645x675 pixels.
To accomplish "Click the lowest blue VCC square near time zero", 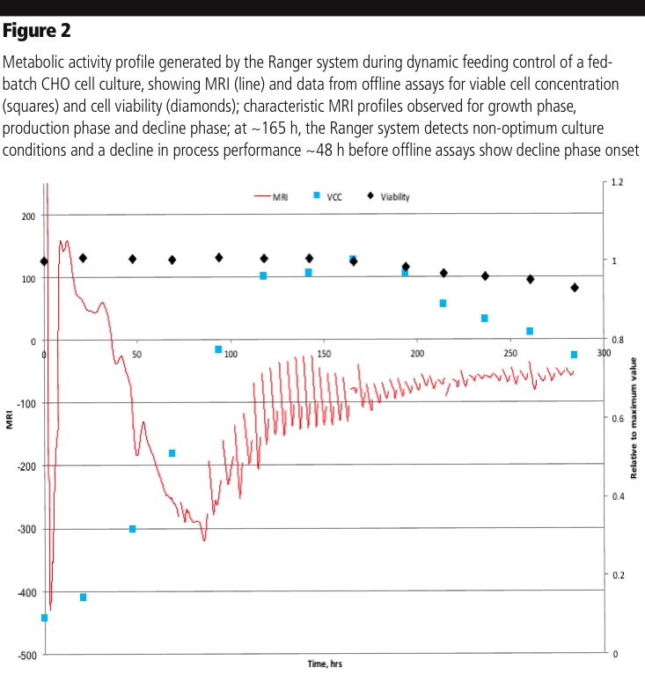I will click(x=44, y=618).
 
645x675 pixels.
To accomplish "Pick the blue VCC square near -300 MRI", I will click(x=133, y=529).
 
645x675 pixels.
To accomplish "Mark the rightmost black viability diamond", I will click(x=575, y=288).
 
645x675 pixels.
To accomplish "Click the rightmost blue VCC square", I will click(x=574, y=355).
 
